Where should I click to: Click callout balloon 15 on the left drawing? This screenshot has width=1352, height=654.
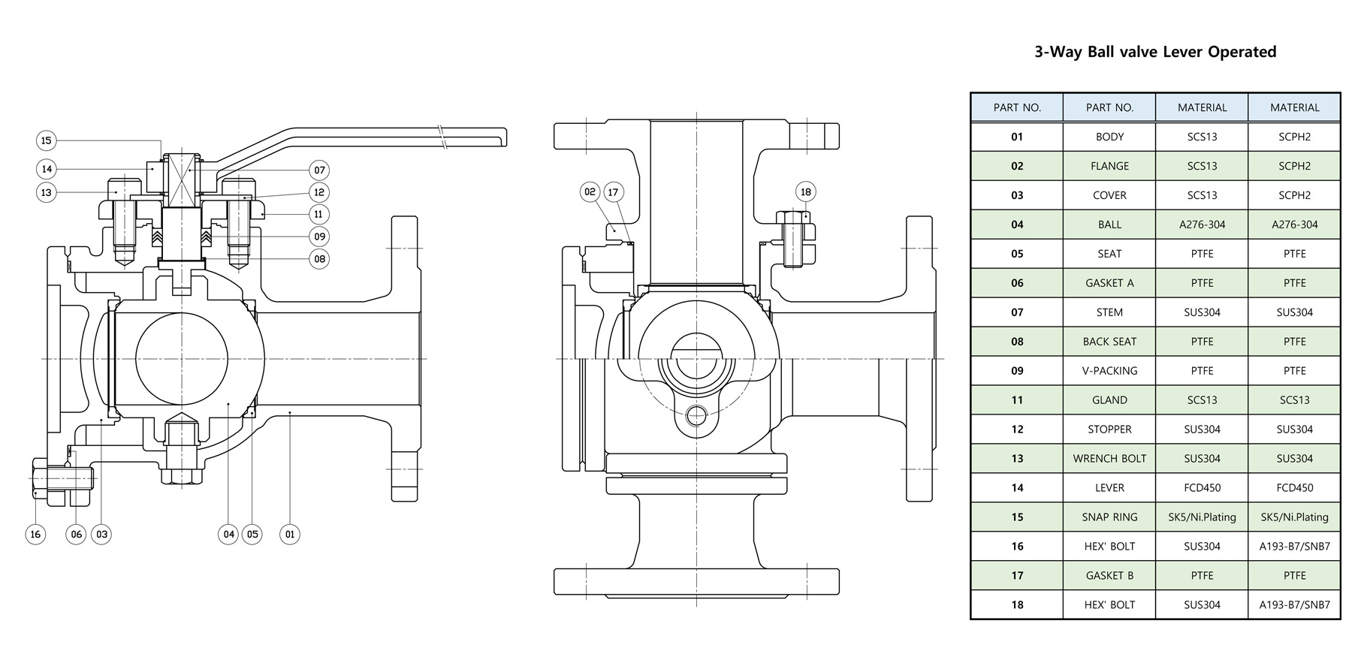[x=47, y=140]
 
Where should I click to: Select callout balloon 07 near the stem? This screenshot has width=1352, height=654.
[x=319, y=170]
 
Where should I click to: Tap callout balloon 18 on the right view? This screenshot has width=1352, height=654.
[x=806, y=192]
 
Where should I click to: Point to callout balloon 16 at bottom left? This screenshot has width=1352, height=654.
[x=35, y=535]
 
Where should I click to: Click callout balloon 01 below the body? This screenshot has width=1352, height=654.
[x=290, y=535]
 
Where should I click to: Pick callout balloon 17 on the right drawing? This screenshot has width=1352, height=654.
[x=613, y=192]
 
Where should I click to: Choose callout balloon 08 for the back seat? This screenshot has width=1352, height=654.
[x=319, y=259]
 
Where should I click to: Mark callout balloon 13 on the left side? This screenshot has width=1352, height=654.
[x=47, y=192]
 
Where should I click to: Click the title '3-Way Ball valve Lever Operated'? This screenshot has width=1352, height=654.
[x=1155, y=52]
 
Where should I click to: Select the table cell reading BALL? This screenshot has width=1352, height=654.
[x=1109, y=225]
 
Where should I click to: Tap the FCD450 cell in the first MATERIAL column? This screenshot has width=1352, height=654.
[x=1202, y=488]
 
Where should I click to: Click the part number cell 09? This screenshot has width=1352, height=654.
[x=1017, y=371]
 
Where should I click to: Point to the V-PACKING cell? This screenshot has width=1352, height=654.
[x=1109, y=371]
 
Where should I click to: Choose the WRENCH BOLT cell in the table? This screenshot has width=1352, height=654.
[x=1109, y=459]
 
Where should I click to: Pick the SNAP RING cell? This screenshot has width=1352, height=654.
[x=1109, y=517]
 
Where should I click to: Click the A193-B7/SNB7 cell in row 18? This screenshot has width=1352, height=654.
[x=1294, y=605]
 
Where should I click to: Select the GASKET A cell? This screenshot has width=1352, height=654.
[x=1109, y=283]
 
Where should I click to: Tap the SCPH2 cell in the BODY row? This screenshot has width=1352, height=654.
[x=1294, y=137]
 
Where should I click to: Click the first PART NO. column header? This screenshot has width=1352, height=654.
[x=1017, y=107]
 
